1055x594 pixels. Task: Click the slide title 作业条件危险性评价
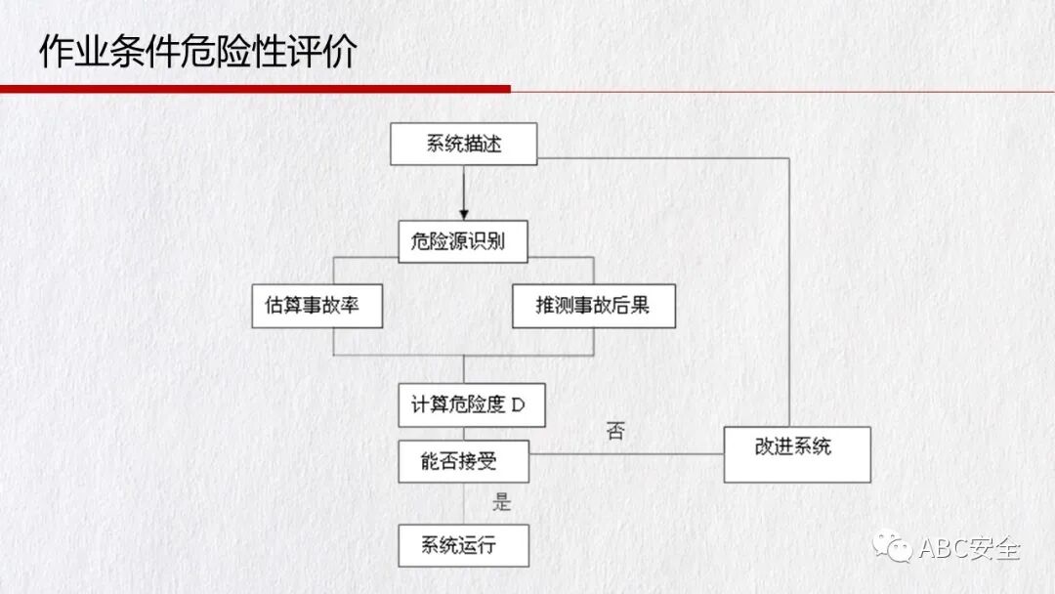[x=197, y=51]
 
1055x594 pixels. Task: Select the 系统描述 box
[x=464, y=145]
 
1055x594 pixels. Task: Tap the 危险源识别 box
[x=463, y=241]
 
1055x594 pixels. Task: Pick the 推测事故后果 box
[x=593, y=306]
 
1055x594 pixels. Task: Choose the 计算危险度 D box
[x=471, y=405]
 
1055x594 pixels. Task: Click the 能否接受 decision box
[x=463, y=461]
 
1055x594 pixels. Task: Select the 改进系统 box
[x=796, y=453]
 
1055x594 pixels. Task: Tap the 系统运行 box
[x=463, y=545]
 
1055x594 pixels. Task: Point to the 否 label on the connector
[x=614, y=431]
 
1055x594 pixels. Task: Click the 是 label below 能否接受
[x=502, y=503]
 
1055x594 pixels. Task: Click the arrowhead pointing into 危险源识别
[x=464, y=214]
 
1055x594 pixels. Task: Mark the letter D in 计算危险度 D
[x=518, y=405]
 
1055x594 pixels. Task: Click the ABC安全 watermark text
[x=969, y=548]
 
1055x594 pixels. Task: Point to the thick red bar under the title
[x=254, y=89]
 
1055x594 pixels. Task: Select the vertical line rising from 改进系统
[x=788, y=293]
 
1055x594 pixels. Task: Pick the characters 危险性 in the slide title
[x=240, y=51]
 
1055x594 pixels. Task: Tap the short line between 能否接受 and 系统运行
[x=464, y=503]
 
